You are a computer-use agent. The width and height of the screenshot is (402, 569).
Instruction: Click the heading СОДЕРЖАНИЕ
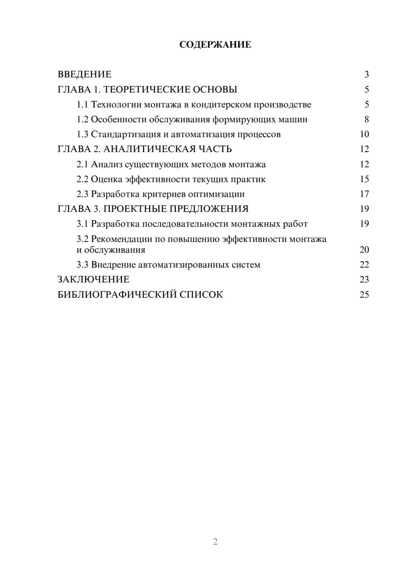215,45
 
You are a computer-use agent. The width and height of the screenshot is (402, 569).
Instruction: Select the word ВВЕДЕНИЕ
84,74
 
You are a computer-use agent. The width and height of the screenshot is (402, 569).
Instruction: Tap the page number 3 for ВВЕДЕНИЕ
366,74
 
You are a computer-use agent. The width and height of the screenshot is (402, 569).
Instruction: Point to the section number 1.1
82,105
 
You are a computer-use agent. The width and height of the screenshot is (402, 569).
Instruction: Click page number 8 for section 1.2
366,120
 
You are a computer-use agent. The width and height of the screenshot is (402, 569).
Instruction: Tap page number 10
364,134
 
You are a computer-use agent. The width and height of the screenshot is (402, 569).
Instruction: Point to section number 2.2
82,179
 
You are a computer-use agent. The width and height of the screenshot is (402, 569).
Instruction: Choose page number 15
364,179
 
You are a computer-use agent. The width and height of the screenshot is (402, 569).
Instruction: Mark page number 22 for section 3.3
364,265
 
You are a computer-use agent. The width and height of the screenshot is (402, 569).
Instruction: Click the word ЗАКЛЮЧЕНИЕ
94,280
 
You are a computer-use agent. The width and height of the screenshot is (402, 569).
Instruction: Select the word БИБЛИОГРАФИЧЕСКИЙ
117,295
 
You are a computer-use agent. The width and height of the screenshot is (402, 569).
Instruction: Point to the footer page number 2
215,542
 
